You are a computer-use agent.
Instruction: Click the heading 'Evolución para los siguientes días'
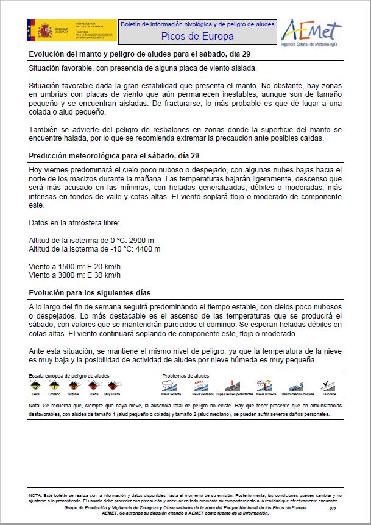pyautogui.click(x=91, y=293)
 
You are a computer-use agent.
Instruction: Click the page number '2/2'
pyautogui.click(x=333, y=507)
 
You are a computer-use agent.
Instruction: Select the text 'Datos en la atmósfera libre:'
pyautogui.click(x=70, y=222)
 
